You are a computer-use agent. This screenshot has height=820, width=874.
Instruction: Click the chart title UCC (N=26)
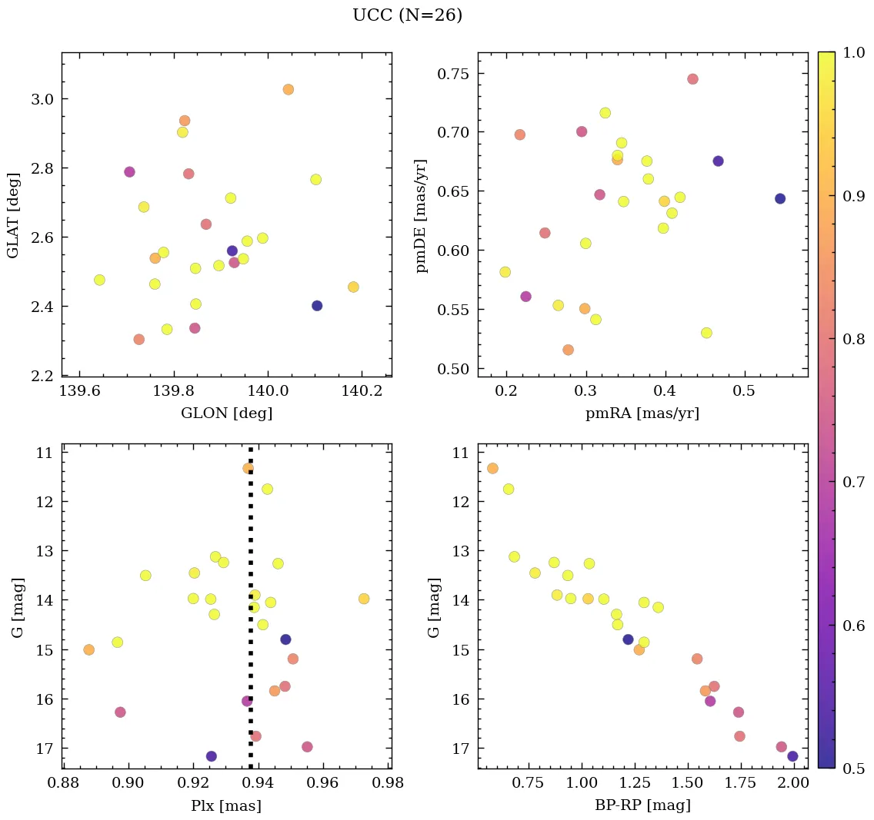[407, 15]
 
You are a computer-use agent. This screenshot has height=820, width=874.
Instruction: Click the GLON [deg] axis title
[226, 413]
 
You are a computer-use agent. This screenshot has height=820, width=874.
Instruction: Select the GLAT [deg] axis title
[13, 215]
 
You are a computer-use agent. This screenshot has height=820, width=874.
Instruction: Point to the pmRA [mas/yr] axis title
[642, 413]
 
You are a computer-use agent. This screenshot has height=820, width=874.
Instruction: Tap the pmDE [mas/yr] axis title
[422, 216]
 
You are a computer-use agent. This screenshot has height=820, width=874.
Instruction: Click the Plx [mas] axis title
[226, 805]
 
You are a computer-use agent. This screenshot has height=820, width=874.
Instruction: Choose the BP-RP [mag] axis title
[642, 805]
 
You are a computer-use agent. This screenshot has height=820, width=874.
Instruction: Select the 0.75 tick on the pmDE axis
[454, 74]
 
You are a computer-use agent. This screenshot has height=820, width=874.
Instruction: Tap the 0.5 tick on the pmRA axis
[744, 392]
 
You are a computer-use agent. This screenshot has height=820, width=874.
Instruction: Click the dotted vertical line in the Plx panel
[251, 615]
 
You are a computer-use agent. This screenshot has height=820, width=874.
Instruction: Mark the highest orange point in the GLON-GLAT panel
[288, 90]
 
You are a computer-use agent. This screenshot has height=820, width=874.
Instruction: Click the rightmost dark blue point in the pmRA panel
[780, 198]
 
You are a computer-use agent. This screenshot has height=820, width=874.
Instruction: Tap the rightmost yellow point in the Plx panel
[364, 599]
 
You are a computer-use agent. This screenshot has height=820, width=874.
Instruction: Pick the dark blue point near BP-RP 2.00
[792, 756]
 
